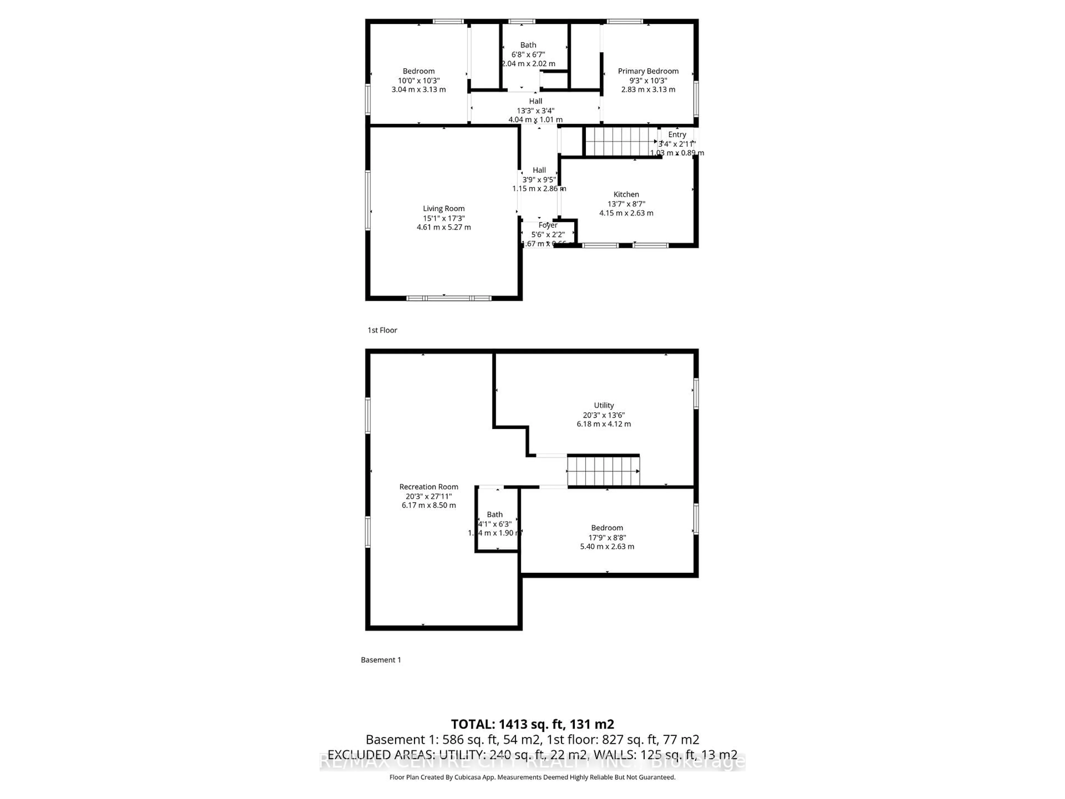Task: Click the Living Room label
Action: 443,209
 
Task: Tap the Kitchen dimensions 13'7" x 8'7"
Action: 626,204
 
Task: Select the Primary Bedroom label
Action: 648,71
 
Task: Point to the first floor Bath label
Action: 528,45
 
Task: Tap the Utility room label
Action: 604,406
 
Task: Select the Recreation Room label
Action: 428,487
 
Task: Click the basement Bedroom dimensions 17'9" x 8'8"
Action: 607,537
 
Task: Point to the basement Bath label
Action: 495,514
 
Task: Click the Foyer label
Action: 548,225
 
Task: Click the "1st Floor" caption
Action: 382,330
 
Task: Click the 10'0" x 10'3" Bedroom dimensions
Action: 419,80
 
